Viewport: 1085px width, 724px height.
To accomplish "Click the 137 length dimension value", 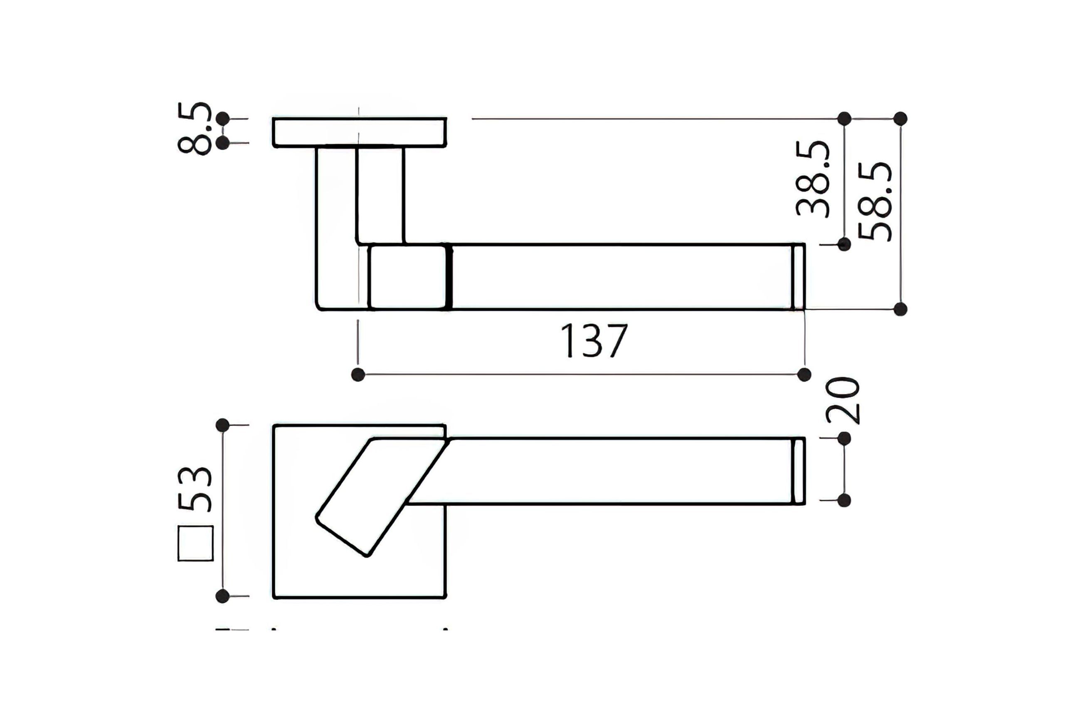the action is [x=594, y=341].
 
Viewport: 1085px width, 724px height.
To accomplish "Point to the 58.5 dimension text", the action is [x=875, y=201].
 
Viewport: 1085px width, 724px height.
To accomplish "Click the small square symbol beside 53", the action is [x=196, y=543].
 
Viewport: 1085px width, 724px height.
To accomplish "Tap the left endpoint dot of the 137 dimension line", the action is [x=358, y=374].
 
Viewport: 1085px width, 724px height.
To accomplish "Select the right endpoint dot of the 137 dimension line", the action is [x=804, y=374].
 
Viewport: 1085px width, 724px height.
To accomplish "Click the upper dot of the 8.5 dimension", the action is [x=223, y=119].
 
